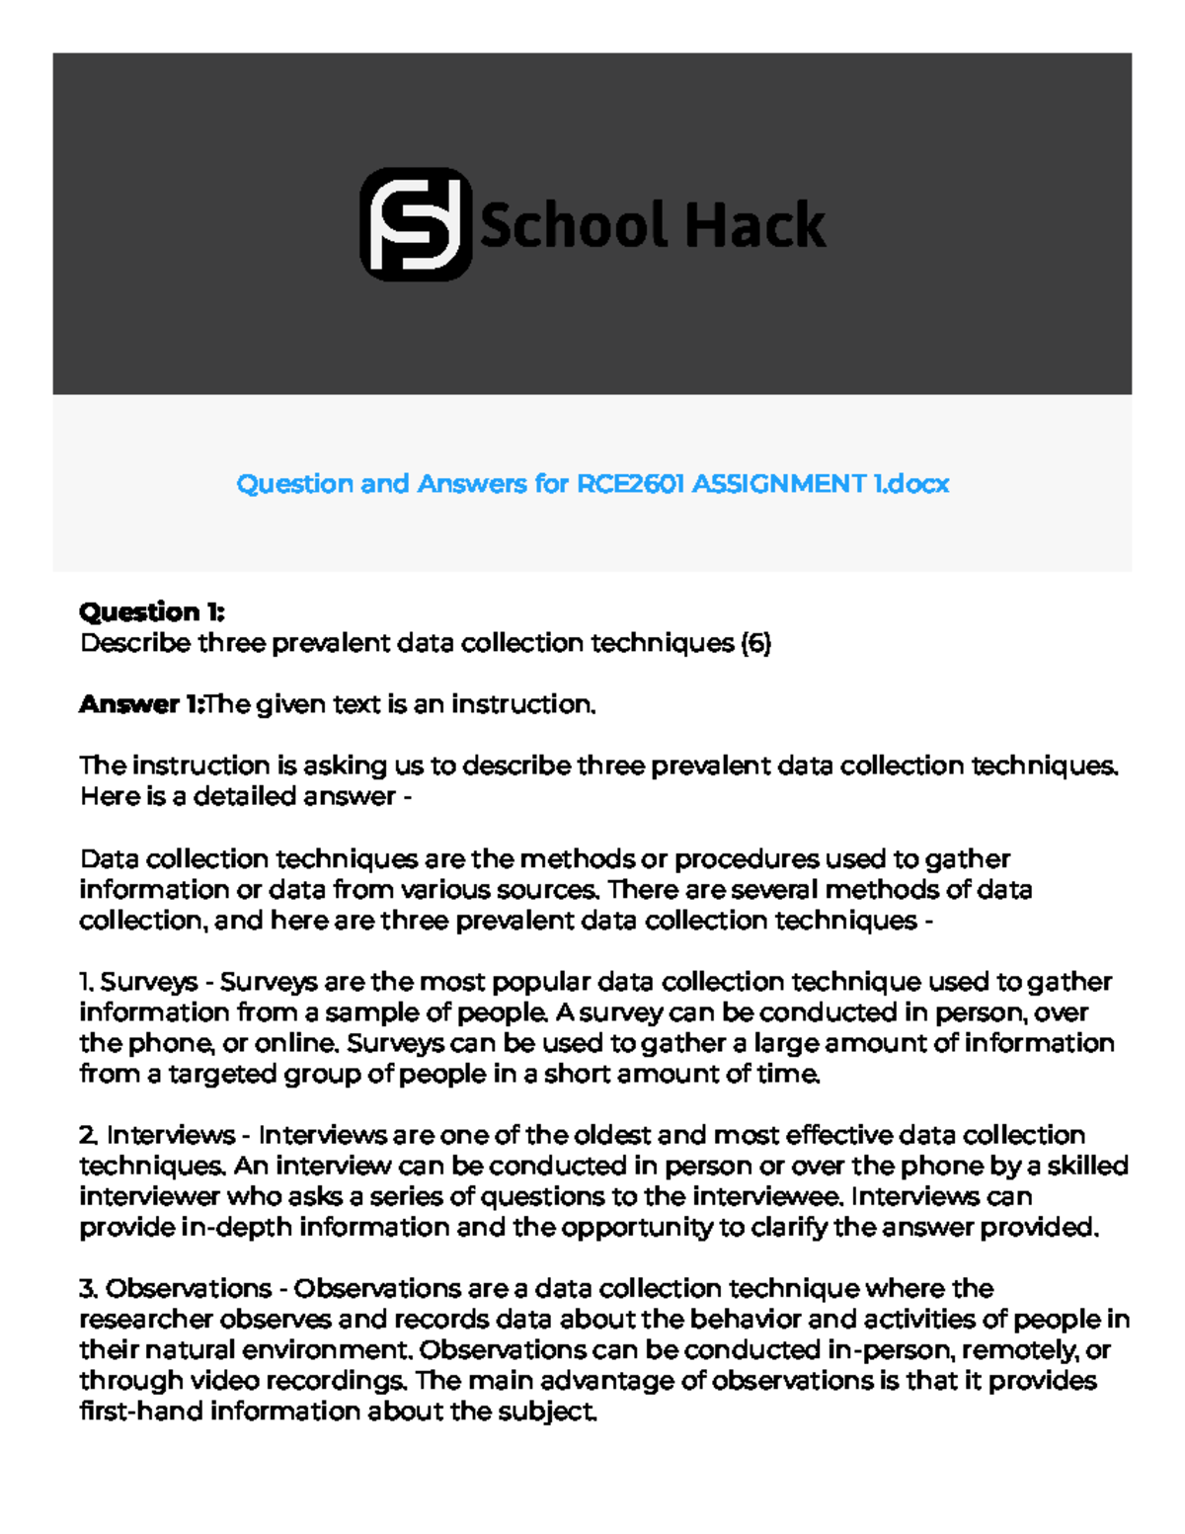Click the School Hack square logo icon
416,224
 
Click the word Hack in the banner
755,225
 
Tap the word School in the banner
574,225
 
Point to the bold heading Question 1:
152,612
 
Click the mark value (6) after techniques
755,643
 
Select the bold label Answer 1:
140,704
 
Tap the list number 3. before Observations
88,1289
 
